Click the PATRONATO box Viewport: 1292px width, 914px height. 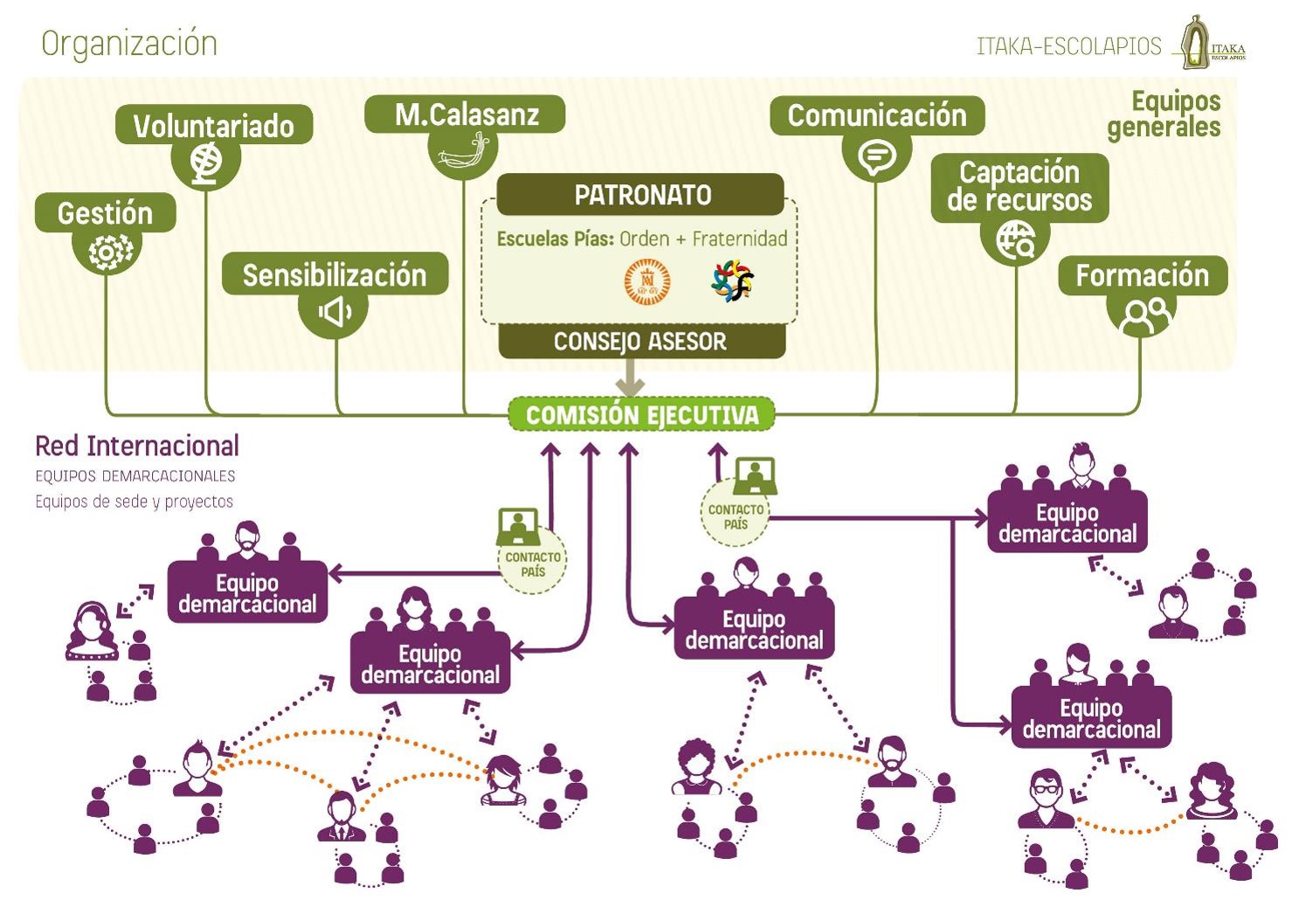(640, 195)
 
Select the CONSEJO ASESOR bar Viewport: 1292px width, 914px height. (642, 341)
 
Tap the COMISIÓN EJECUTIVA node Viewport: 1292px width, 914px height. (641, 414)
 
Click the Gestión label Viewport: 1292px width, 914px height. (106, 213)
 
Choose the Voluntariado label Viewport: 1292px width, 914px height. (214, 125)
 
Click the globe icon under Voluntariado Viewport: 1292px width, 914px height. (206, 163)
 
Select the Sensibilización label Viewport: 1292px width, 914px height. (335, 274)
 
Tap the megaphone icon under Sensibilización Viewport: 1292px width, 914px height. (335, 312)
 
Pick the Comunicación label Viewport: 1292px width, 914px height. (877, 115)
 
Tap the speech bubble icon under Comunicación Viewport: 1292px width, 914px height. (876, 157)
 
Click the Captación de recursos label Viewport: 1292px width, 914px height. (1019, 187)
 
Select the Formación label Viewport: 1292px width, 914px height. (1143, 275)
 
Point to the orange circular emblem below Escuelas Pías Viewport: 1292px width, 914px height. (647, 281)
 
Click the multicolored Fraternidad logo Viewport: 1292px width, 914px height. (733, 280)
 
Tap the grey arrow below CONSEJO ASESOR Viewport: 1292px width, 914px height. (630, 377)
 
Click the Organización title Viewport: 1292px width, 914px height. (129, 44)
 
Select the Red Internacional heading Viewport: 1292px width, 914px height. (137, 446)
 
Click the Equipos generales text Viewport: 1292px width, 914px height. (1164, 114)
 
